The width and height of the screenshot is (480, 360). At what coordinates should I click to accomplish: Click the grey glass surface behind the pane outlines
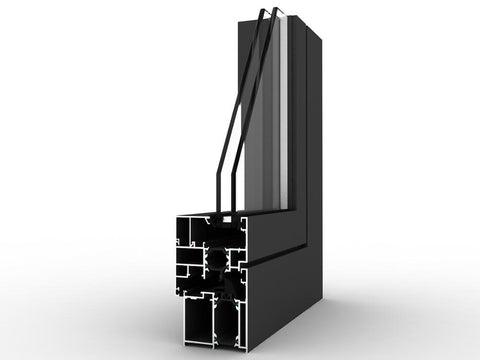[x=265, y=140]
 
